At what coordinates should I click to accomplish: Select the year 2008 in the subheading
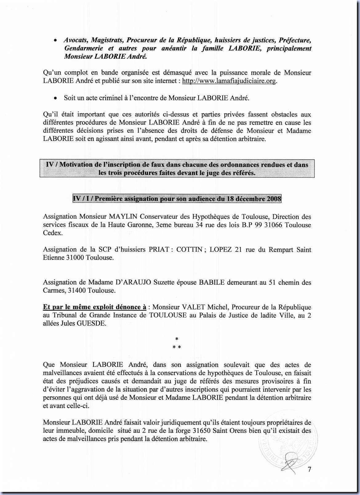(274, 199)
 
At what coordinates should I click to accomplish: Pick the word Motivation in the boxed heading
(76, 164)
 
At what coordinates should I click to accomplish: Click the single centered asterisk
(177, 339)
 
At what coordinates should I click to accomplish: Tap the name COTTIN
(189, 249)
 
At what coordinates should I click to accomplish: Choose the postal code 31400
(76, 290)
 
